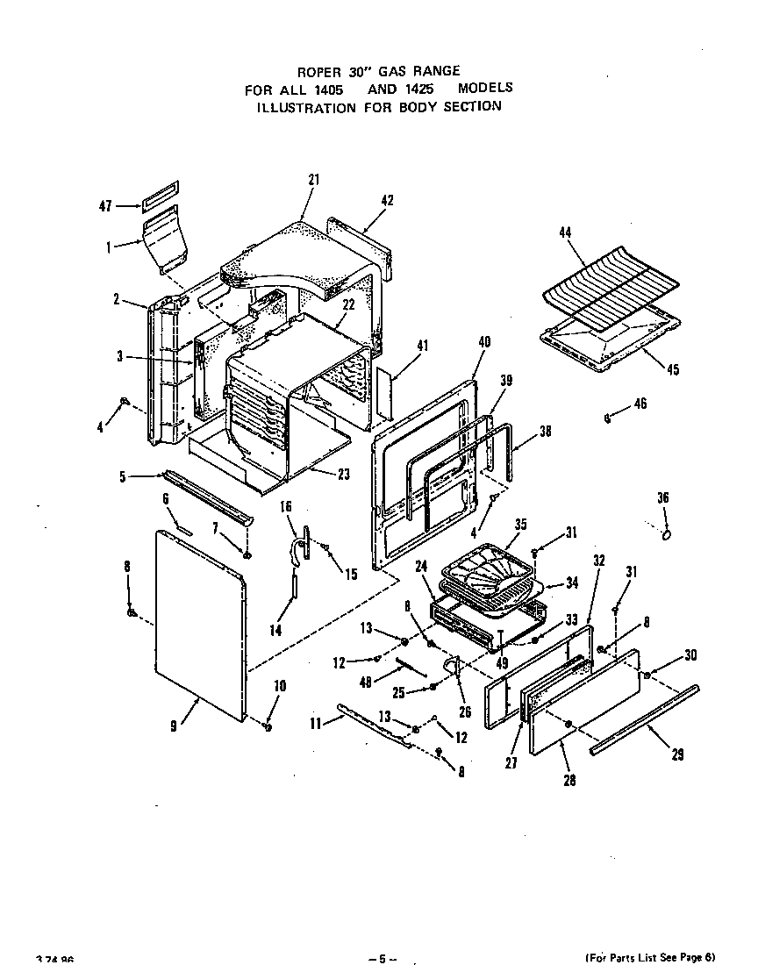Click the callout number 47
[105, 207]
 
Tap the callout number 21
[313, 180]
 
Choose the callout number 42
[387, 200]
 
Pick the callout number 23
[343, 475]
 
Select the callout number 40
[483, 341]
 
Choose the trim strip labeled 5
[206, 495]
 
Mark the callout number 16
[285, 507]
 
